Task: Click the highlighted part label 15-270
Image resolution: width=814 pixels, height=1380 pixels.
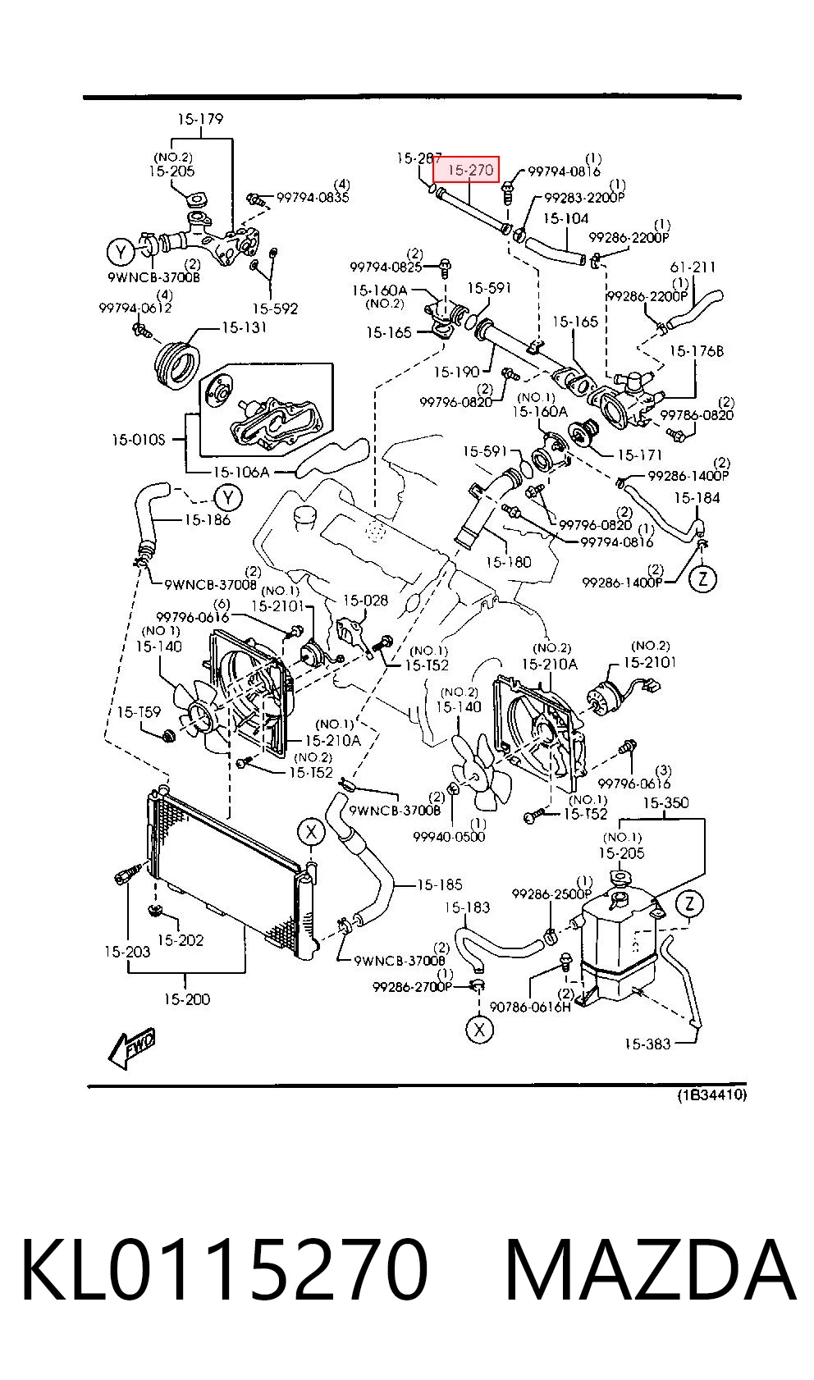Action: point(470,170)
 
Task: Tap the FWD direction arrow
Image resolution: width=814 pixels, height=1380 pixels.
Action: point(132,1048)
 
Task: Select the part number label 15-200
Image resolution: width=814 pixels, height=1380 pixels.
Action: point(187,999)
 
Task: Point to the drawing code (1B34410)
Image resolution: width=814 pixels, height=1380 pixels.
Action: point(711,1094)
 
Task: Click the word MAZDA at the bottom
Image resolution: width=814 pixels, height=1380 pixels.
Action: point(651,1269)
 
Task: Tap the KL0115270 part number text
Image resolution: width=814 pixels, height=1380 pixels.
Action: point(225,1269)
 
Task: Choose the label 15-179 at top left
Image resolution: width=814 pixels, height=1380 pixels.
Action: point(200,118)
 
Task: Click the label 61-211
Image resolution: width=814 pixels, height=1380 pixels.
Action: point(693,267)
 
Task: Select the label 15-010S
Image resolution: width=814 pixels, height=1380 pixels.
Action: point(139,440)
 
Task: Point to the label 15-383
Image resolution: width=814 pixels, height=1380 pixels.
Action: point(647,1044)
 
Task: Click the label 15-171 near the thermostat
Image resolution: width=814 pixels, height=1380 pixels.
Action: point(639,455)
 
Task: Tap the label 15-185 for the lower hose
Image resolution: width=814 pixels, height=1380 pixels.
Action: point(439,884)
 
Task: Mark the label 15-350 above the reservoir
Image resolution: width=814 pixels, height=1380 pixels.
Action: point(665,802)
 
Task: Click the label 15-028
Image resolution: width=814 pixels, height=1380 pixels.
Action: point(365,600)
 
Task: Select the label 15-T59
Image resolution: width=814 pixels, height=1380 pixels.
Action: point(139,711)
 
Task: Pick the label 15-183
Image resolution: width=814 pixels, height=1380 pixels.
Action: point(467,907)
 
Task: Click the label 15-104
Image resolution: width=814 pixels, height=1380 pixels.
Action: point(565,218)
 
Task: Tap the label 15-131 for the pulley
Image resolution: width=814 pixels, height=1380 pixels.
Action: point(244,327)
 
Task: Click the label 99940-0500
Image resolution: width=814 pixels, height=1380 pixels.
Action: point(449,836)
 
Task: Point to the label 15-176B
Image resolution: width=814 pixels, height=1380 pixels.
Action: point(697,350)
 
